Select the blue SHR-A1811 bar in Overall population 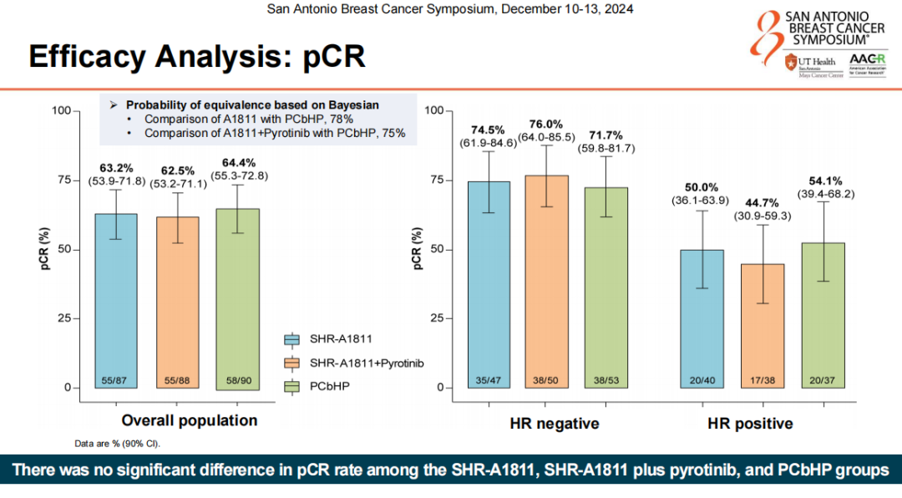(115, 301)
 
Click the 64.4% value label (238, 162)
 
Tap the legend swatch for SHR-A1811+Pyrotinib (292, 363)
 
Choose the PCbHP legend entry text (332, 386)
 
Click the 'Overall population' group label (190, 420)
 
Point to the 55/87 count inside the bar (115, 381)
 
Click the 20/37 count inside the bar (823, 381)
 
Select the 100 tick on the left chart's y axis (60, 110)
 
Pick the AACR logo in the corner (863, 64)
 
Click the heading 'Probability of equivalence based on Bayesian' (252, 105)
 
